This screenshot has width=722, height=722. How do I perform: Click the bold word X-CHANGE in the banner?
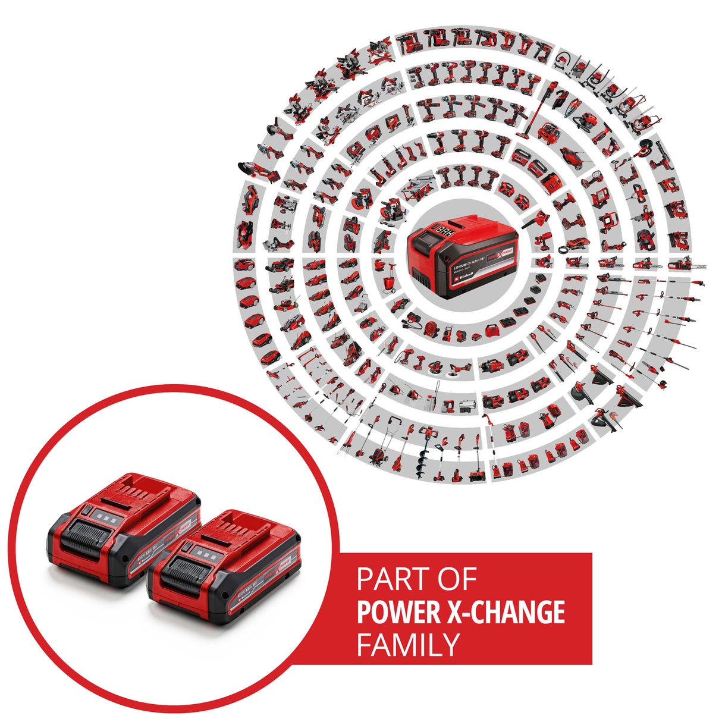point(509,613)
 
